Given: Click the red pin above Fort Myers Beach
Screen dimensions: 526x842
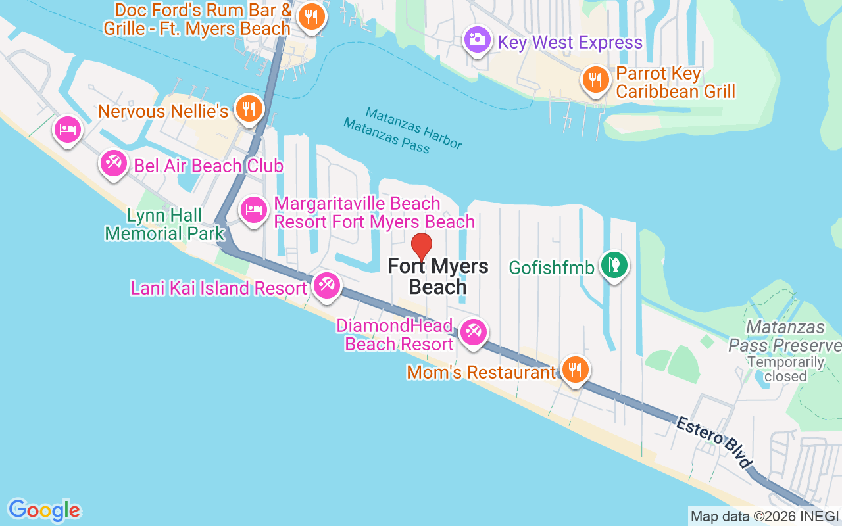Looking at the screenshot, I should (421, 247).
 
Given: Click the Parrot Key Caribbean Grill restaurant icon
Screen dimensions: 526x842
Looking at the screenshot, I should (595, 80).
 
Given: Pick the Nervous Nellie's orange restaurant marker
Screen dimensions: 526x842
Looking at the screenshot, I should (249, 109).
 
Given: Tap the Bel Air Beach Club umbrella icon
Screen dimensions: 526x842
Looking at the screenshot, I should (114, 162).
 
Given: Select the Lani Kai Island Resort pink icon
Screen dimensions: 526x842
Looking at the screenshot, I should (326, 285).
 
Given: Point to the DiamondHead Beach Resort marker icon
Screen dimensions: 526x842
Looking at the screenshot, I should (473, 331).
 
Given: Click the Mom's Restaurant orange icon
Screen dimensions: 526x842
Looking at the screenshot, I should (575, 370).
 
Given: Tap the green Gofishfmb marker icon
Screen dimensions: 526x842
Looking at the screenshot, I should (614, 265).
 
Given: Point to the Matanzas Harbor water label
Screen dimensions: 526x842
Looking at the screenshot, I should (414, 128).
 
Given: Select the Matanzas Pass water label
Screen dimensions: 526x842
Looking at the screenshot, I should (386, 135).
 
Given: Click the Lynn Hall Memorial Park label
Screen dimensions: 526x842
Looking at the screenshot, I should (164, 224).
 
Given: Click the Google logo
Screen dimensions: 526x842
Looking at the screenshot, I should (45, 510).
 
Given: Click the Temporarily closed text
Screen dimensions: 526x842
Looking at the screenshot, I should (785, 369).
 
